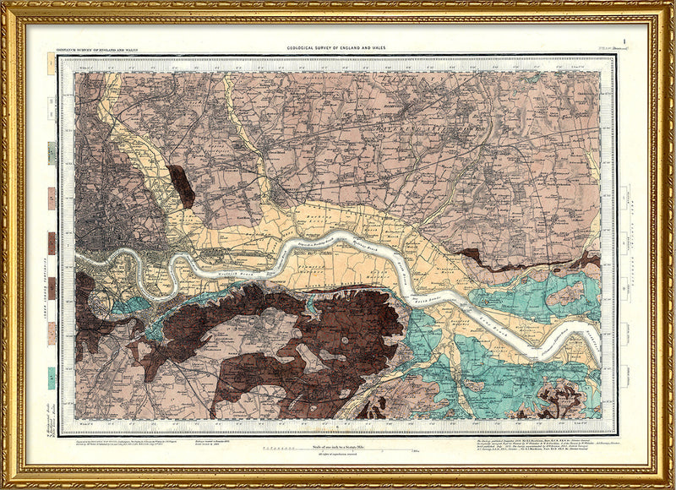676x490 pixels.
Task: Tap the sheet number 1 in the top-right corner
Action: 623,42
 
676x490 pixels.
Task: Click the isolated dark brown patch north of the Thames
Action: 181,186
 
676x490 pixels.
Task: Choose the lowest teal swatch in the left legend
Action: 52,378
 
